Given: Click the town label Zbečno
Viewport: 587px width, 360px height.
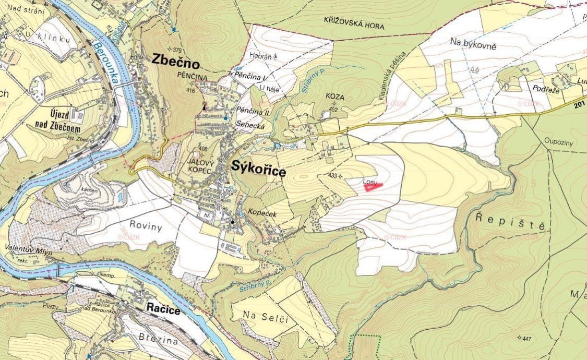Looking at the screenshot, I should click(x=176, y=62).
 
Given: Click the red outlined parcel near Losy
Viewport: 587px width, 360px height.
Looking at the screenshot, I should click(x=373, y=187).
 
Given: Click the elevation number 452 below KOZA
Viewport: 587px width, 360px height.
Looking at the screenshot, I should click(x=333, y=110).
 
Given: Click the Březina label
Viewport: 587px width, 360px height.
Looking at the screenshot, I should click(x=158, y=338).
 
